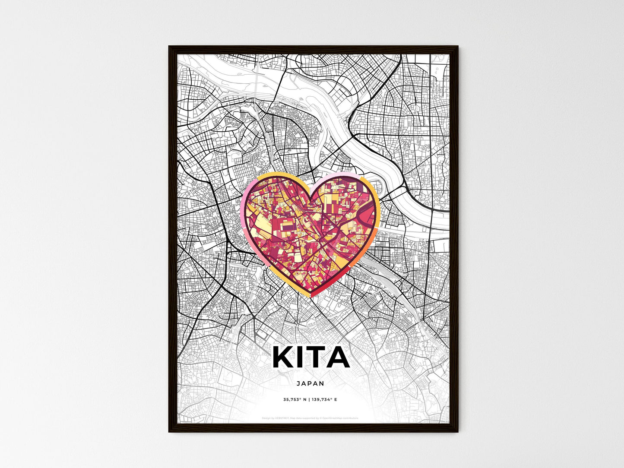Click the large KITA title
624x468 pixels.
pos(311,357)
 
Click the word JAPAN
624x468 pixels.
pos(310,383)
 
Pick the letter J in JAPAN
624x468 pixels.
pos(299,383)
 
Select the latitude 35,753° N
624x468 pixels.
pos(295,400)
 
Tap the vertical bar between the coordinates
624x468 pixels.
pos(309,400)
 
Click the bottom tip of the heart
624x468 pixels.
pos(310,295)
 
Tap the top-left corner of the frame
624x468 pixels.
pos(169,47)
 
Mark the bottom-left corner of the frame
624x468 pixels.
pos(169,431)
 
